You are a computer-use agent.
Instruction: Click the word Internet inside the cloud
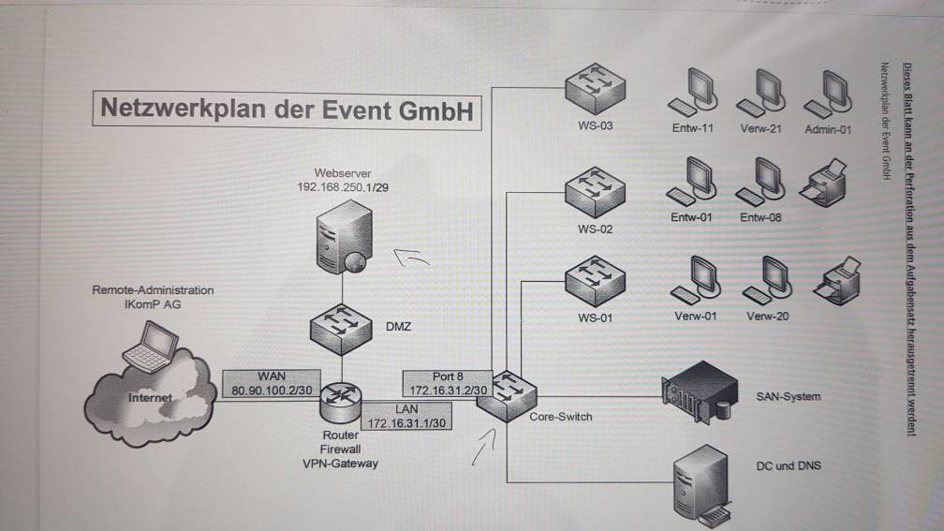[150, 398]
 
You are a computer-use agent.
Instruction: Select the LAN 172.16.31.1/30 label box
[406, 417]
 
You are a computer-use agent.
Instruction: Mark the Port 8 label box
[448, 382]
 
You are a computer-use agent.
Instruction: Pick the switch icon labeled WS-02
[594, 191]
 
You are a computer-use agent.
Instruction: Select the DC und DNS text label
[788, 465]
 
